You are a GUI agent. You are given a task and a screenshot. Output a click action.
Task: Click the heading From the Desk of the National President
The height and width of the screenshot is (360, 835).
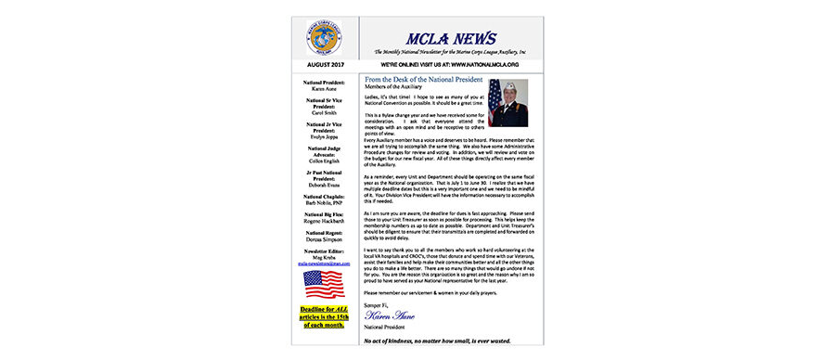click(x=430, y=81)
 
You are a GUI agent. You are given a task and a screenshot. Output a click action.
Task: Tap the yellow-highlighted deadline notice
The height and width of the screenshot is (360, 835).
click(x=321, y=316)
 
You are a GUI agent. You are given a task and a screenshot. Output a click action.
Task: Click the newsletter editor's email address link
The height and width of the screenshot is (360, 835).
click(x=321, y=264)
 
